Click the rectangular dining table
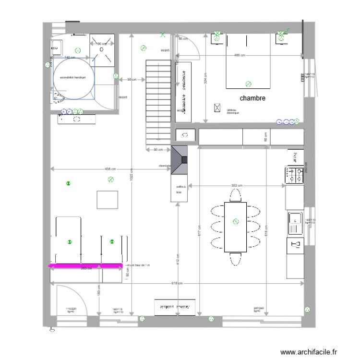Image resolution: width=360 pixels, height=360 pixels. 235,227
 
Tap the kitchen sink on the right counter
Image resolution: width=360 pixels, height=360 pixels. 294,221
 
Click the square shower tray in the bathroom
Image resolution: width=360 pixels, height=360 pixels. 102,50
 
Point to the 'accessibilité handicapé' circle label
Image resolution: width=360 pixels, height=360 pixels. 73,77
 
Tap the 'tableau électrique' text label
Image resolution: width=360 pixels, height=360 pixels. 232,111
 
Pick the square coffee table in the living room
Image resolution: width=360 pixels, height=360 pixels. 107,200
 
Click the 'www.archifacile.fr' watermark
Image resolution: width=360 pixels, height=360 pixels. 312,352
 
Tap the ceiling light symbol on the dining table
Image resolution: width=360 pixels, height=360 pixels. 235,221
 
